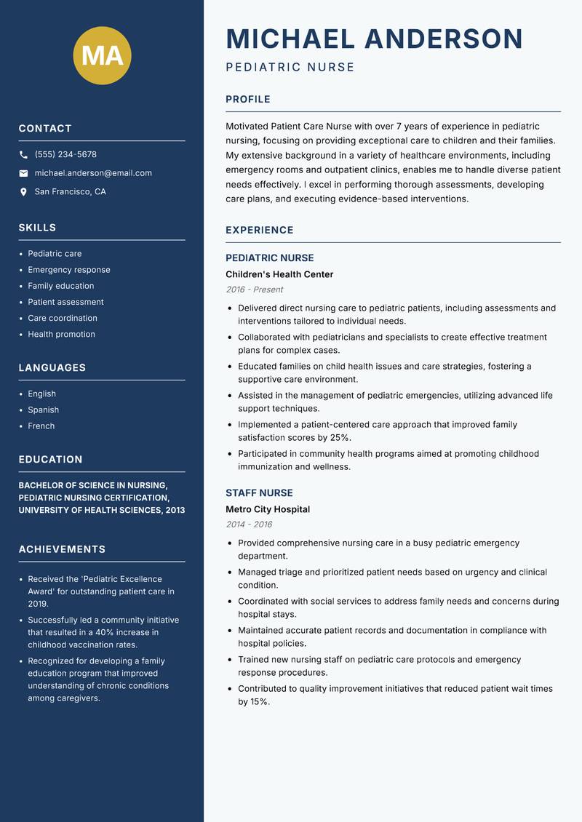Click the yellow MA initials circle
[103, 55]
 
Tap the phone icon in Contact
[23, 155]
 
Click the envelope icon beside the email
[23, 173]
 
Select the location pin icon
[23, 192]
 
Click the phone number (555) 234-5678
[65, 155]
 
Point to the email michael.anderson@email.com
[93, 173]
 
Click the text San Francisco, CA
[70, 192]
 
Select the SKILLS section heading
[37, 228]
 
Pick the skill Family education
[61, 286]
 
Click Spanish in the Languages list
[44, 410]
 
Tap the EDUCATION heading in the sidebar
[50, 460]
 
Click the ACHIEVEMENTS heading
[62, 549]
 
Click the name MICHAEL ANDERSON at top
[375, 39]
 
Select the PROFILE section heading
[248, 100]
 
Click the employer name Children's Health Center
[279, 275]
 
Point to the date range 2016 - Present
[255, 290]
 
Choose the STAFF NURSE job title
[259, 493]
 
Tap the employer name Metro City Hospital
[268, 510]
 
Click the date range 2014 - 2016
[249, 524]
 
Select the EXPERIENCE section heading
[260, 231]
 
